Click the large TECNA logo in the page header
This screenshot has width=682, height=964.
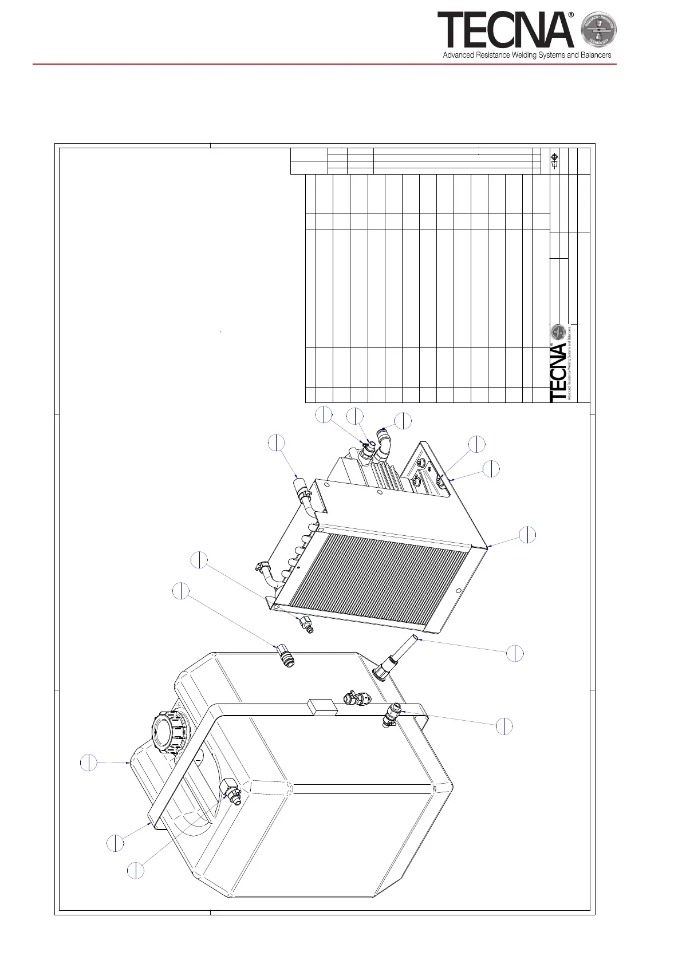(505, 30)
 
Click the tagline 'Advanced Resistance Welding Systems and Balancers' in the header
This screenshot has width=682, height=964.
(527, 56)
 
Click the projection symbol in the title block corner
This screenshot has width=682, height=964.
(554, 161)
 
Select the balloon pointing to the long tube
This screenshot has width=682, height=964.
(515, 653)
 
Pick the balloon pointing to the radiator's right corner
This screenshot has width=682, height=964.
(527, 535)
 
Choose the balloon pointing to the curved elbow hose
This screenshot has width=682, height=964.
(403, 421)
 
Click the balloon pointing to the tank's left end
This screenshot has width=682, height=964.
(88, 762)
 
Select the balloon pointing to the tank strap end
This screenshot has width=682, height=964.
(115, 843)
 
